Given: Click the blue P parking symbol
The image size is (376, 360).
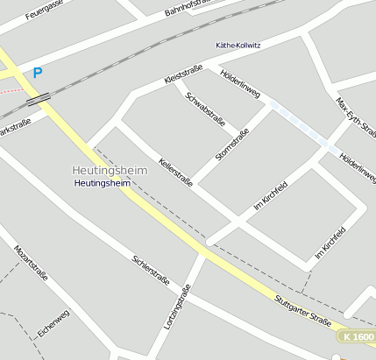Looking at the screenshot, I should click(x=38, y=74).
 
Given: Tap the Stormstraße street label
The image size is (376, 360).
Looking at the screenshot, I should click(x=232, y=145).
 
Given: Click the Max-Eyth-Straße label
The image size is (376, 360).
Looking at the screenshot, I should click(x=356, y=117).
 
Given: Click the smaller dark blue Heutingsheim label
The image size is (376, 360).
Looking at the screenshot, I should click(x=103, y=184).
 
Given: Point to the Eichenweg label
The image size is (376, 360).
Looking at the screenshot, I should click(x=53, y=325).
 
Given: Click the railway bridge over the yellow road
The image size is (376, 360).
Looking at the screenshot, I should click(x=36, y=99).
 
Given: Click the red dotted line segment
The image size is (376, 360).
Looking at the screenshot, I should click(x=10, y=89).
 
